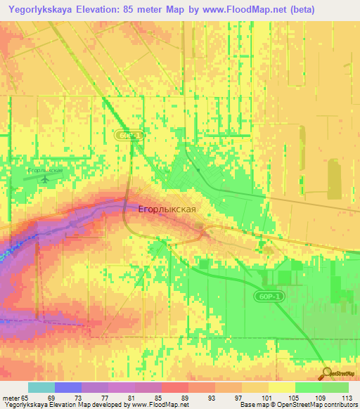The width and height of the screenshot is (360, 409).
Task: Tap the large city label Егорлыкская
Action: click(167, 209)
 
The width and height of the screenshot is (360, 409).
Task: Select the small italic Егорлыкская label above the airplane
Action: click(45, 170)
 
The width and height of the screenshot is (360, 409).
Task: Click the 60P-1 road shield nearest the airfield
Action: click(130, 134)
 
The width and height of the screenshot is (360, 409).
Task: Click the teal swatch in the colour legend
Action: click(41, 387)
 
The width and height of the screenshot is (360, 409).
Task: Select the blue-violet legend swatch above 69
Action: click(67, 387)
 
